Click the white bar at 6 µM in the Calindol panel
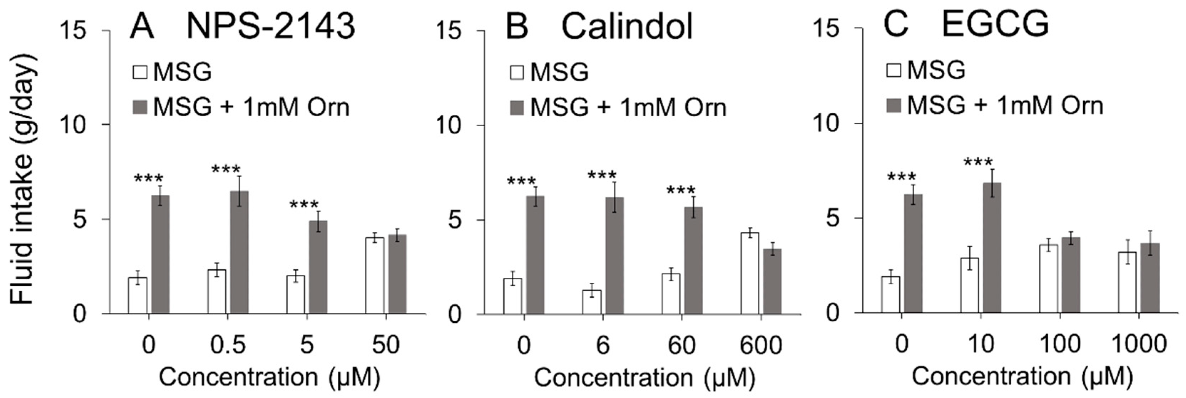(592, 302)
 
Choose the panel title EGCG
(995, 24)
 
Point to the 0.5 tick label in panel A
(228, 345)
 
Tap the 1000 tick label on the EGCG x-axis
(1139, 344)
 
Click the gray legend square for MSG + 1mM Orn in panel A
(140, 107)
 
